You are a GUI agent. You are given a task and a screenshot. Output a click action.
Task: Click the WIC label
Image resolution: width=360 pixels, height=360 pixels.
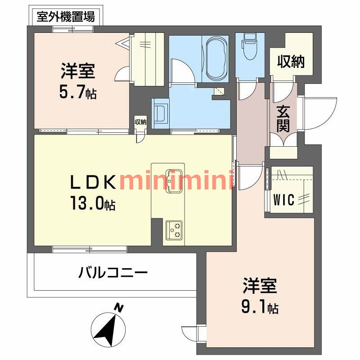(285, 199)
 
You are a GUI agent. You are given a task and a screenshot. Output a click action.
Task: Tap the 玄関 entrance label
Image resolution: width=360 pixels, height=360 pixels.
(283, 118)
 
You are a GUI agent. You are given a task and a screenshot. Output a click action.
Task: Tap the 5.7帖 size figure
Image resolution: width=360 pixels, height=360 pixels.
(77, 93)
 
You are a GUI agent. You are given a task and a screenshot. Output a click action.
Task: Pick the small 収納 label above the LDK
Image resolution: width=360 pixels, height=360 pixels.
(140, 121)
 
